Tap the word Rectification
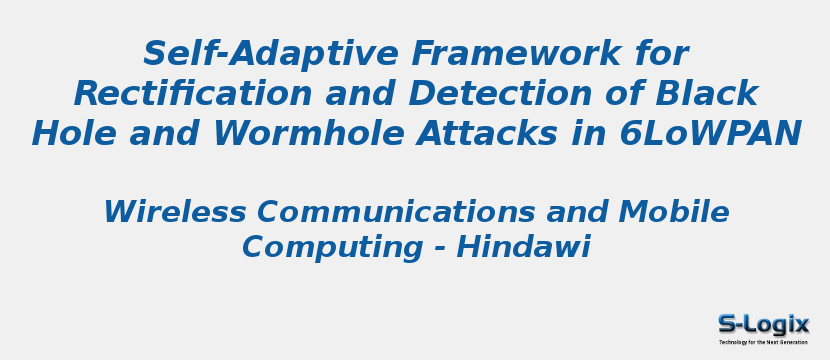tap(193, 94)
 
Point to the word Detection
tap(500, 94)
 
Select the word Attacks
tap(486, 134)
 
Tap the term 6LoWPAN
tap(710, 134)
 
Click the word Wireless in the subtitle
tap(175, 212)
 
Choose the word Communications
tap(396, 212)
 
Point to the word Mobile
tap(674, 212)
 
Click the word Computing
tap(332, 249)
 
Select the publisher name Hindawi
tap(523, 247)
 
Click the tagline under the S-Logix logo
tap(763, 343)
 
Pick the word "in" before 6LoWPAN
tap(588, 134)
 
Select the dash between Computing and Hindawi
tap(439, 250)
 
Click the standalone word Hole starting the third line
tap(74, 134)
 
